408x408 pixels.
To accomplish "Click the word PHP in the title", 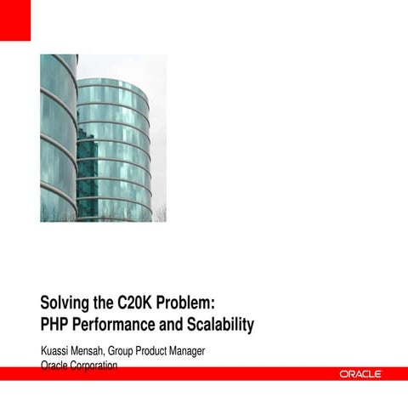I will click(x=56, y=325).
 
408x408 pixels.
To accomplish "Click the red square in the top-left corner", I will click(x=14, y=20).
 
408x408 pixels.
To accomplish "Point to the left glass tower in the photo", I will click(x=58, y=136).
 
